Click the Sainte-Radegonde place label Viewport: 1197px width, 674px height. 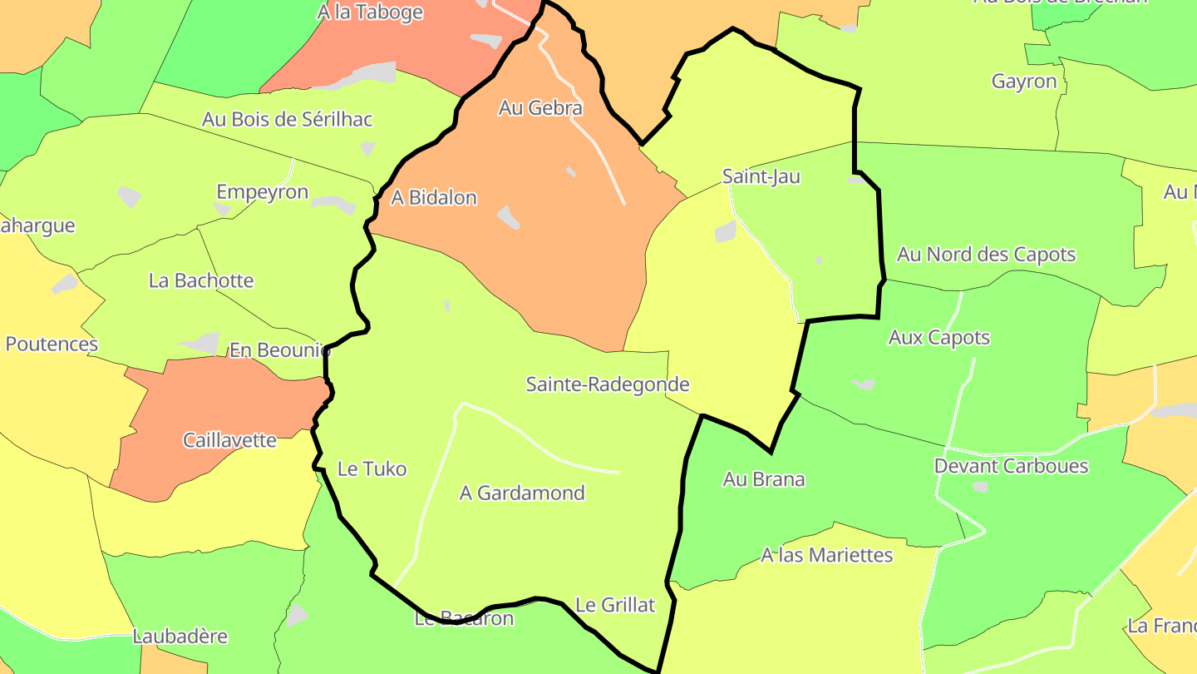608,384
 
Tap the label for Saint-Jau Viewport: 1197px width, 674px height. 761,176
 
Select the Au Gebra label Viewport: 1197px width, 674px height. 540,108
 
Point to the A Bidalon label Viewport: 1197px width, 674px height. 434,198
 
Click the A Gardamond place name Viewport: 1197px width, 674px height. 522,493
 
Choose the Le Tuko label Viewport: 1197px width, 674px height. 372,469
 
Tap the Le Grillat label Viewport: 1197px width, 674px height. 615,606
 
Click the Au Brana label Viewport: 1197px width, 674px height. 763,479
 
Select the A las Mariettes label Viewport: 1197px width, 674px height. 826,555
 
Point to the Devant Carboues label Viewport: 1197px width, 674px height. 1011,466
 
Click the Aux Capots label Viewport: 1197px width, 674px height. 939,338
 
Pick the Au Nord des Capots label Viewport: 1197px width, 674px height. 986,255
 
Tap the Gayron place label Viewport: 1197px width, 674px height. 1024,82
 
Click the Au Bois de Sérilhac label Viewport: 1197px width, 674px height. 287,119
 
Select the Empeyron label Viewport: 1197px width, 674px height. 262,192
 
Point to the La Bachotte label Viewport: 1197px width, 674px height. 201,280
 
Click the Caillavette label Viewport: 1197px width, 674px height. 229,440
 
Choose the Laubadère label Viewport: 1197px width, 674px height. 180,637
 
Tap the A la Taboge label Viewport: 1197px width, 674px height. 370,12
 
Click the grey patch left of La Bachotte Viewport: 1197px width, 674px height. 64,284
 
